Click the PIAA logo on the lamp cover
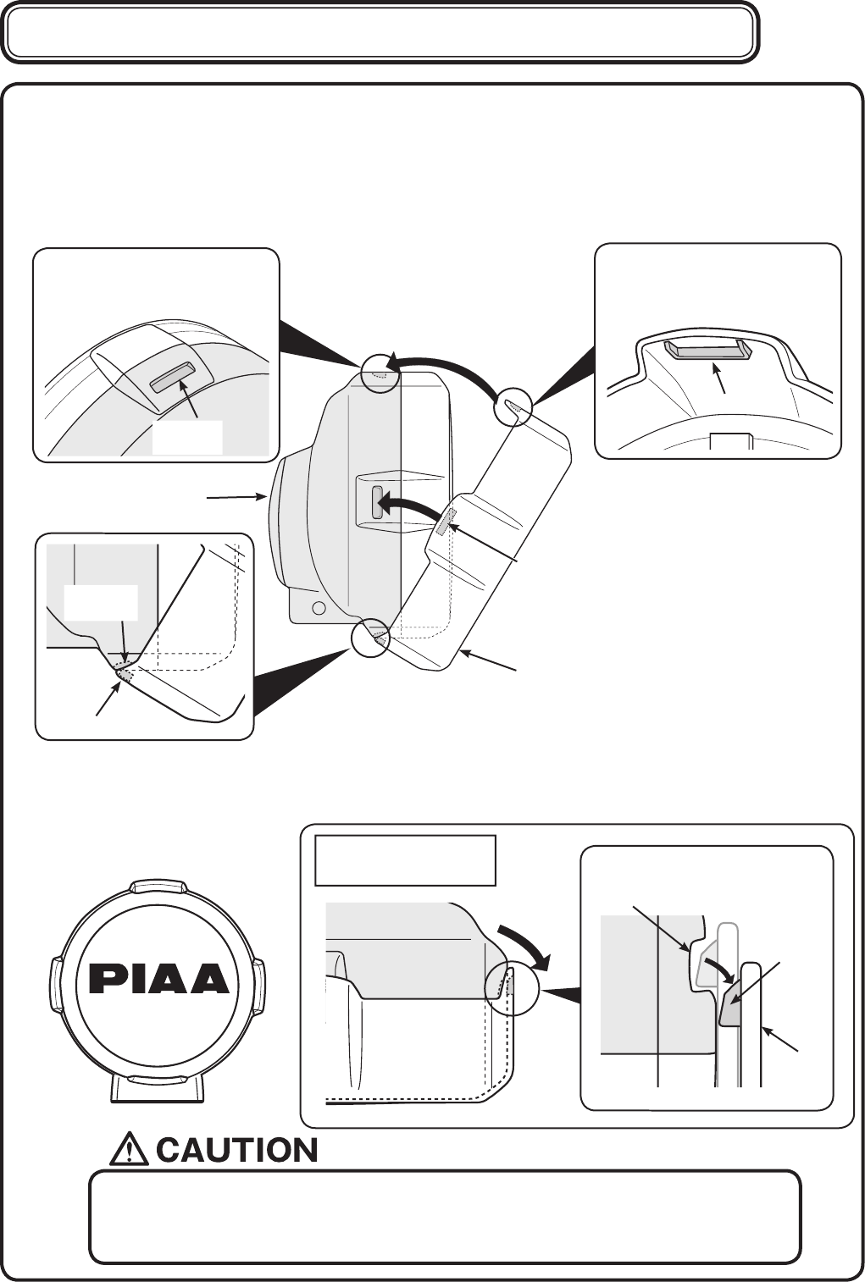point(159,980)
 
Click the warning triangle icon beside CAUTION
point(130,1150)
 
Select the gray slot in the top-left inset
point(171,378)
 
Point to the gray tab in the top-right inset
point(707,351)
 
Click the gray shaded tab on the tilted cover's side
point(444,522)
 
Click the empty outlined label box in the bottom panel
point(405,860)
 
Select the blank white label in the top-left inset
point(187,437)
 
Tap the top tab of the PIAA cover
point(158,887)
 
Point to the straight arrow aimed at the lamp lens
point(237,498)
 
